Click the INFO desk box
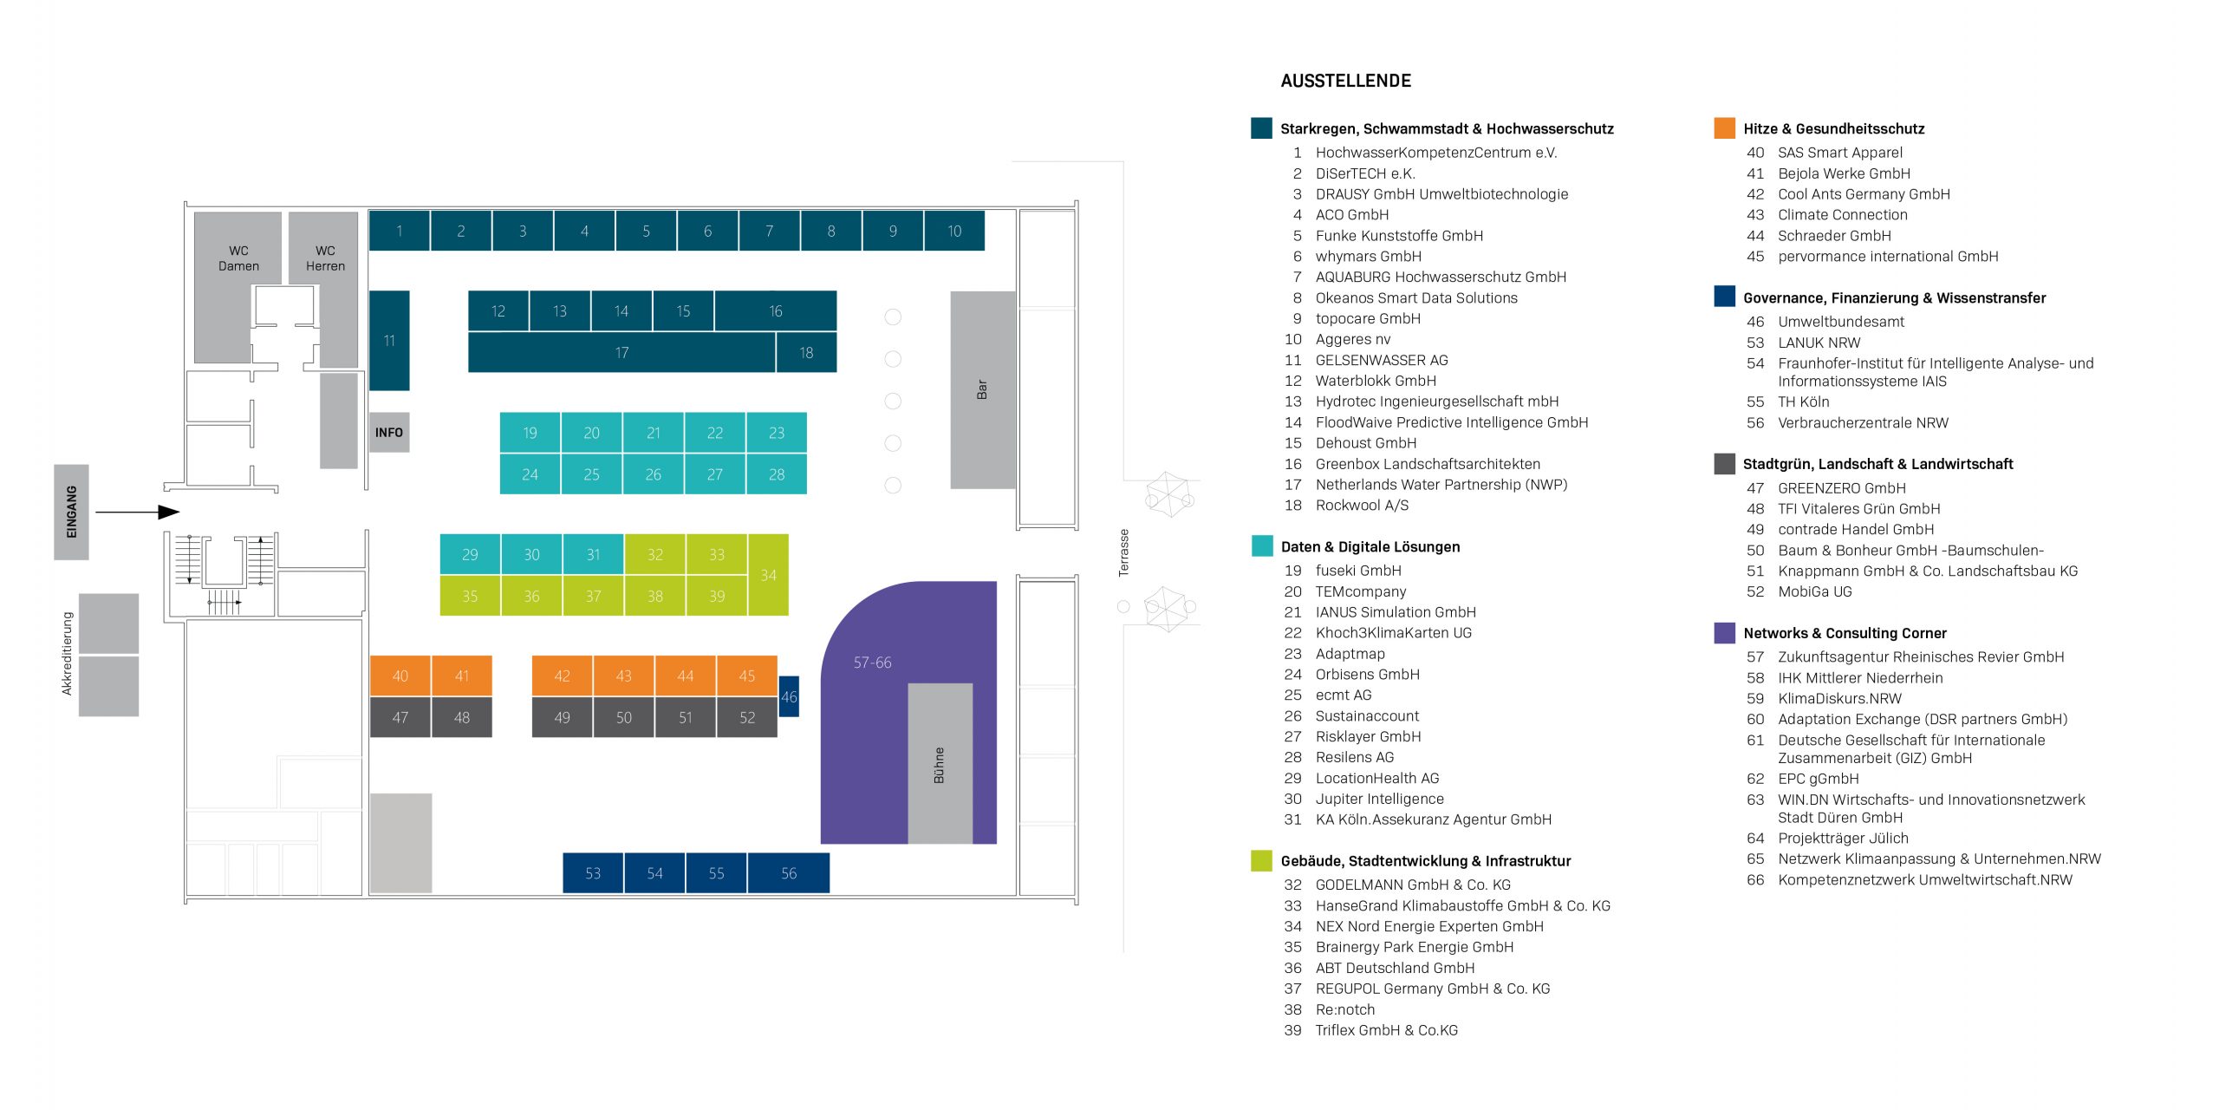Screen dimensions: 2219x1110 389,432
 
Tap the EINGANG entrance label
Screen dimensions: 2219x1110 72,512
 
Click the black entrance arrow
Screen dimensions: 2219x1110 137,513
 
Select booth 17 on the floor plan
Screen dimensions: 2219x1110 621,353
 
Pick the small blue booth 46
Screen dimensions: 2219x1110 789,696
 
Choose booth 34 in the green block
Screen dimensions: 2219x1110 769,575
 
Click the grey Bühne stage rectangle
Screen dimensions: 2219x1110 940,763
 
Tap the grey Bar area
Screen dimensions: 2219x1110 983,389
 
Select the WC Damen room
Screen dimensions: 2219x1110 238,286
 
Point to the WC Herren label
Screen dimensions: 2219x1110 325,258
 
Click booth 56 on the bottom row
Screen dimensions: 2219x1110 789,873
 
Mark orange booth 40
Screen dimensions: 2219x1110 400,676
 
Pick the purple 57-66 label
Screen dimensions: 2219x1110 872,663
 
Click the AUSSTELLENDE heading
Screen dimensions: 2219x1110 1346,81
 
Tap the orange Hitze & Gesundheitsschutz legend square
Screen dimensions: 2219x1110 1724,127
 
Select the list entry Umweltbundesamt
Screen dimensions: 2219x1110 1841,322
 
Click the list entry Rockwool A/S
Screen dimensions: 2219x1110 1362,506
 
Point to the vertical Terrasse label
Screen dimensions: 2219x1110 1124,553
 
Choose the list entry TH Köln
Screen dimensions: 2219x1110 1804,402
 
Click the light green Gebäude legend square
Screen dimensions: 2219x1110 1262,860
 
